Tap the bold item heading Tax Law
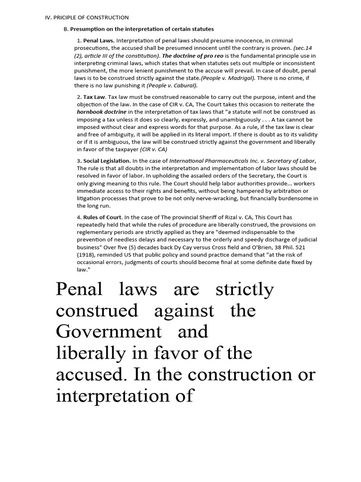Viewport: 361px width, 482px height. (x=94, y=97)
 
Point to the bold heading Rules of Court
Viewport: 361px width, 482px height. (x=103, y=217)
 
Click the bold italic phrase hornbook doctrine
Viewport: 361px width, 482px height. (x=102, y=112)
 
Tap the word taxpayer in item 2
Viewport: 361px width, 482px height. (x=121, y=149)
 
